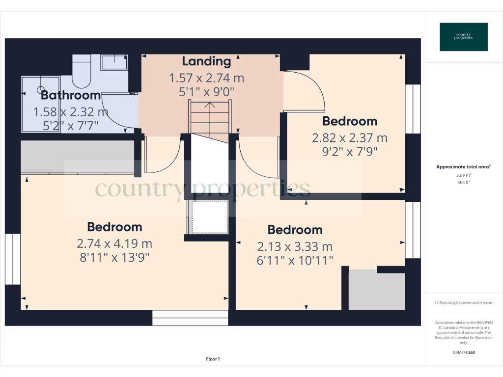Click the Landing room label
[206, 61]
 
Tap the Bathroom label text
[71, 95]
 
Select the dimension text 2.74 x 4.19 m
[114, 243]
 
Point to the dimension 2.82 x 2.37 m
[350, 138]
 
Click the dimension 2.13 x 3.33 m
[295, 246]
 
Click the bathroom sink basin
[114, 62]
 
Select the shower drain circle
[41, 90]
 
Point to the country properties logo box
[464, 37]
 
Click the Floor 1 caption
[213, 359]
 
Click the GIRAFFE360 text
[464, 352]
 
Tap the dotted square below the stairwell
[210, 216]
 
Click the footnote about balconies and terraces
[464, 303]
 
